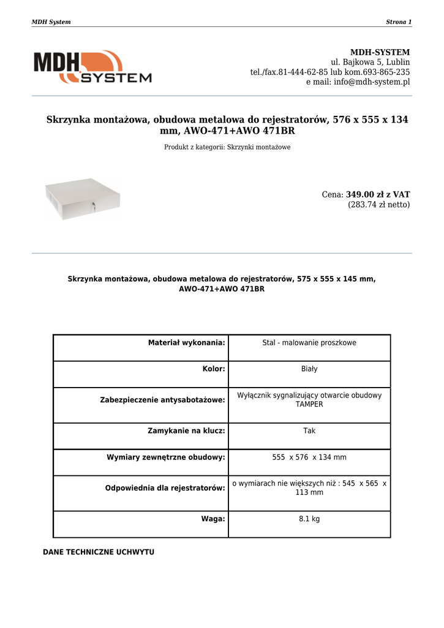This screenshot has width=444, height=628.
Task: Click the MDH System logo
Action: pyautogui.click(x=92, y=67)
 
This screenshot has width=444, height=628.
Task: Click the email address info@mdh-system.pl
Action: pyautogui.click(x=372, y=82)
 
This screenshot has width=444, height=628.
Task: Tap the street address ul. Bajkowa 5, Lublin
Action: pyautogui.click(x=371, y=62)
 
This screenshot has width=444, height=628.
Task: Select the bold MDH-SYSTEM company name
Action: pyautogui.click(x=380, y=52)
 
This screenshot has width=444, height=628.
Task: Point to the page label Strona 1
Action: pyautogui.click(x=399, y=22)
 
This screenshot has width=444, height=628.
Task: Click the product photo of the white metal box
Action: pyautogui.click(x=82, y=199)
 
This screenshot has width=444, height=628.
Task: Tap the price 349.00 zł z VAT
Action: pyautogui.click(x=378, y=194)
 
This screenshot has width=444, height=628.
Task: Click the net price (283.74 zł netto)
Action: pyautogui.click(x=379, y=205)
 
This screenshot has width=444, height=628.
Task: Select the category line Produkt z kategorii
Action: pyautogui.click(x=227, y=147)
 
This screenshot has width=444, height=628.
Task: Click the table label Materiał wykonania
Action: pyautogui.click(x=187, y=343)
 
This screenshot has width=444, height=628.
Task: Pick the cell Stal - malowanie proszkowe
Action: pyautogui.click(x=309, y=343)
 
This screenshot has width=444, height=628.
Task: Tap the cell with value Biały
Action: pyautogui.click(x=309, y=369)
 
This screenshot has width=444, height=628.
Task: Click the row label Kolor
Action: pyautogui.click(x=214, y=369)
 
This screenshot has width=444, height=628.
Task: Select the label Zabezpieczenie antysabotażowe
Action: pyautogui.click(x=162, y=400)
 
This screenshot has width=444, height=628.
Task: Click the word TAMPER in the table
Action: pyautogui.click(x=309, y=405)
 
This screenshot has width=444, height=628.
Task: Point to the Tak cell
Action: pyautogui.click(x=309, y=431)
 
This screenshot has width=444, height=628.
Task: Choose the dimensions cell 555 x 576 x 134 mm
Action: pyautogui.click(x=309, y=458)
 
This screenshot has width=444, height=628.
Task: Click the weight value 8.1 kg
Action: pyautogui.click(x=309, y=519)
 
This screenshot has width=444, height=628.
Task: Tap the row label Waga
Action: pyautogui.click(x=213, y=519)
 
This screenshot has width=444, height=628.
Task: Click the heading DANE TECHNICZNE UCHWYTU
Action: pyautogui.click(x=99, y=552)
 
